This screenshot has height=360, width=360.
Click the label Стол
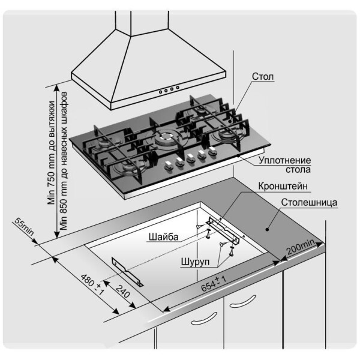pos(263,78)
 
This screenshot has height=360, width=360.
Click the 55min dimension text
pos(22,228)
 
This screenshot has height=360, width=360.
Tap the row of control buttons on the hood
pos(168,91)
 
